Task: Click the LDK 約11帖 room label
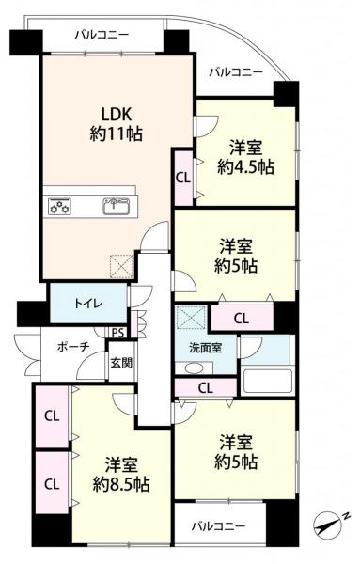coord(117,124)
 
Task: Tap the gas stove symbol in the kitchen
coord(59,207)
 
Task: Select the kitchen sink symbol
coord(117,207)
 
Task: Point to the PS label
coord(117,333)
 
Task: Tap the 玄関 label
coord(121,363)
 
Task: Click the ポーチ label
coord(73,347)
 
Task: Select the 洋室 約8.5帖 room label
coord(121,475)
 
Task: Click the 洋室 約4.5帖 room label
coord(245,158)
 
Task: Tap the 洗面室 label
coord(206,348)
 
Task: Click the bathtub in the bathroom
coord(267,382)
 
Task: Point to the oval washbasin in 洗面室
coord(195,368)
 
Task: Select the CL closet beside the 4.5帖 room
coord(183,178)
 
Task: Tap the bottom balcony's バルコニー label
coord(218,526)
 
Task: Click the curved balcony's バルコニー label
coord(236,72)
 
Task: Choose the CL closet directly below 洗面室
coord(205,387)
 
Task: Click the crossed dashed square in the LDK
coord(122,266)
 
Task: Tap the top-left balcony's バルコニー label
coord(102,36)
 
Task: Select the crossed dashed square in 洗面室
coord(190,317)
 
